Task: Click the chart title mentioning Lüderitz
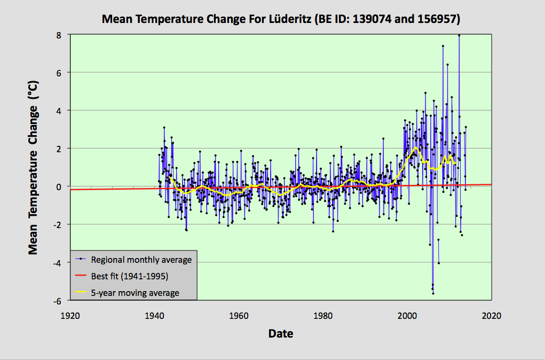pyautogui.click(x=280, y=20)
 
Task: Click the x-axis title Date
pyautogui.click(x=280, y=334)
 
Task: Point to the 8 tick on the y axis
pyautogui.click(x=60, y=34)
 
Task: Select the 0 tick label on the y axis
pyautogui.click(x=60, y=186)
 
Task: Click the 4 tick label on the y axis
pyautogui.click(x=60, y=111)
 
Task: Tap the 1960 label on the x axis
pyautogui.click(x=239, y=315)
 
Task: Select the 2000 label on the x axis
pyautogui.click(x=407, y=315)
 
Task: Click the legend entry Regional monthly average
pyautogui.click(x=141, y=260)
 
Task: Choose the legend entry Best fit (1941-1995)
pyautogui.click(x=129, y=276)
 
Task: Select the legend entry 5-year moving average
pyautogui.click(x=135, y=293)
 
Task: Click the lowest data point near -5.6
pyautogui.click(x=433, y=293)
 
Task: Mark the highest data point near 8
pyautogui.click(x=459, y=35)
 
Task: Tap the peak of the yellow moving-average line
pyautogui.click(x=415, y=148)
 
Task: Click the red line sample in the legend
pyautogui.click(x=81, y=276)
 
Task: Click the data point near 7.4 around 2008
pyautogui.click(x=443, y=46)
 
